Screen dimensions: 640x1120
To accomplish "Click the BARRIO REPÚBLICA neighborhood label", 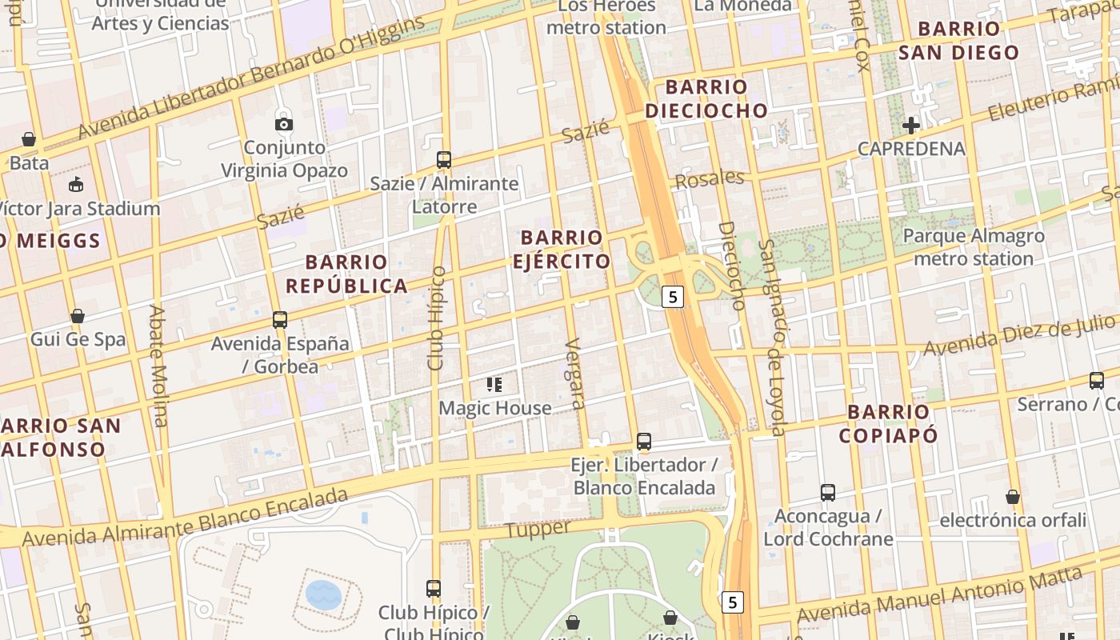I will pos(346,274).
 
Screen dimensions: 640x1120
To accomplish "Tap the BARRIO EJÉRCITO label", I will pos(562,249).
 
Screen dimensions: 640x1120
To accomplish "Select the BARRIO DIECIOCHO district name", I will pos(706,98).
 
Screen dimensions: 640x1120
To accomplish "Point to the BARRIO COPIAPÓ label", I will pos(888,423).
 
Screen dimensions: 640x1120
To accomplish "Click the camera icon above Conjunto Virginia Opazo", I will pos(284,124).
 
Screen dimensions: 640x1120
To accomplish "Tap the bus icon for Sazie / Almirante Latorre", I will pos(444,159).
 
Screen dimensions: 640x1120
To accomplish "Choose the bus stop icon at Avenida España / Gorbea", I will pos(280,319).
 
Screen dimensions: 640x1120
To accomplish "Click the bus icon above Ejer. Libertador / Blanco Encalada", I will pos(644,441).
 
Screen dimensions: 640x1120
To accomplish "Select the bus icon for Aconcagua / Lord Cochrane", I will pos(828,492).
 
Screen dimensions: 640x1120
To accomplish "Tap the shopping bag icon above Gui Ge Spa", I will pos(78,316).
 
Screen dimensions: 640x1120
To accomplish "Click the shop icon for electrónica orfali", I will pos(1013,497).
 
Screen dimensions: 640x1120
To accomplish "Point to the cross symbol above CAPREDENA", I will pos(911,125).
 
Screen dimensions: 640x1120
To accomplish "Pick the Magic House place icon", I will pos(494,385).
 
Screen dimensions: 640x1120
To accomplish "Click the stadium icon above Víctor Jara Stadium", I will pos(76,185).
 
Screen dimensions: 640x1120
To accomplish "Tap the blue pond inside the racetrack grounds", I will pos(323,594).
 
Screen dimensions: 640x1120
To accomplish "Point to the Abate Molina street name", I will pos(158,366).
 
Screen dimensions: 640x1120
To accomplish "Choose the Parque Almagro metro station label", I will pos(973,247).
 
